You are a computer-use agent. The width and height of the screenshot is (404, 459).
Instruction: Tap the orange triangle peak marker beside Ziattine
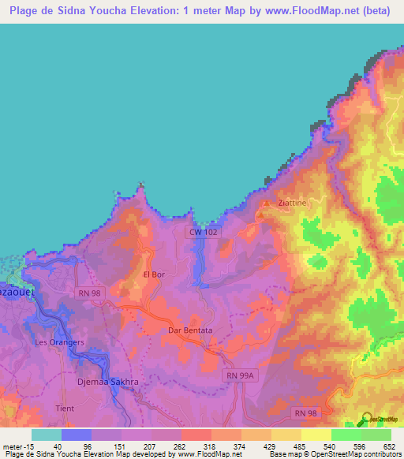coord(264,203)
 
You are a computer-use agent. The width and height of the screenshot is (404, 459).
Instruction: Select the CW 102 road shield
coord(203,232)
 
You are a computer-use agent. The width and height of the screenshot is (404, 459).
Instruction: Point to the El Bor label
coord(153,274)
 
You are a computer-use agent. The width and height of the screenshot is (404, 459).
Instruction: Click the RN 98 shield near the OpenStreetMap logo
coord(304,412)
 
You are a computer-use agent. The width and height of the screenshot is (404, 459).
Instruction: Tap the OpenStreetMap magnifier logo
coord(367,419)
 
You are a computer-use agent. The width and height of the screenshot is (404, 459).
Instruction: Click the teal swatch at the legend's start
coord(46,435)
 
